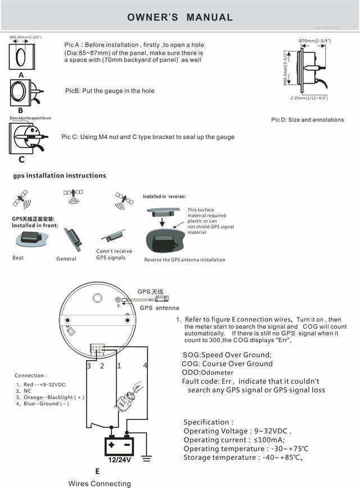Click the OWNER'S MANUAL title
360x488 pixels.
[x=180, y=17]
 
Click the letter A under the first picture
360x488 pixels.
[x=21, y=74]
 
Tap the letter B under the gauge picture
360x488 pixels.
[x=20, y=110]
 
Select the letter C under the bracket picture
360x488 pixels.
[x=21, y=159]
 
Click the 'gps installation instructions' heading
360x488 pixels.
[x=60, y=176]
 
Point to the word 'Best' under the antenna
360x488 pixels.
[x=18, y=258]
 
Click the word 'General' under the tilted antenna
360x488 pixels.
[x=66, y=259]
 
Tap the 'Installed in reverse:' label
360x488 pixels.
[x=164, y=196]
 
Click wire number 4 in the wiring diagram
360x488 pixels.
[x=145, y=366]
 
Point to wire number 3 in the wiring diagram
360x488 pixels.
[x=89, y=366]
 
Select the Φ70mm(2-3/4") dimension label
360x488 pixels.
[x=315, y=41]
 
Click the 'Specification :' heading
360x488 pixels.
[x=209, y=422]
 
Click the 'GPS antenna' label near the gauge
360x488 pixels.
[x=159, y=308]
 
